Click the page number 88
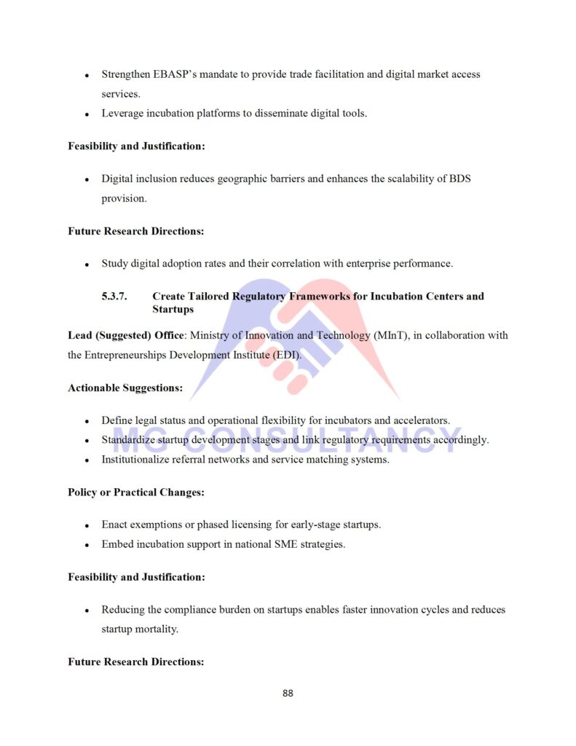point(288,693)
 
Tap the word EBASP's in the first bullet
point(164,74)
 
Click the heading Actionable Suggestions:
point(125,388)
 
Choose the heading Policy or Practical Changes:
point(135,492)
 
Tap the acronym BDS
point(459,178)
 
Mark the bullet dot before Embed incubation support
point(87,545)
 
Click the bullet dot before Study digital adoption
point(87,264)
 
